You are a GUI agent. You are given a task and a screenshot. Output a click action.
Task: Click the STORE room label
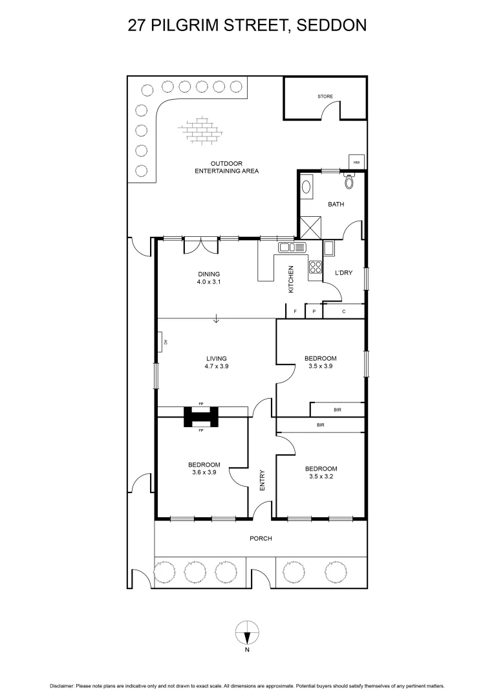325,96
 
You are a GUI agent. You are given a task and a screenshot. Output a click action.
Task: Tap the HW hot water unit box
356,162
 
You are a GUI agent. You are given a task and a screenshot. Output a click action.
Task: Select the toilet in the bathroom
350,182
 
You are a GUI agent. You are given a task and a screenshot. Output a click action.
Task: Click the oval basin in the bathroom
307,186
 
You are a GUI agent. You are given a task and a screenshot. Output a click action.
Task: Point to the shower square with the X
310,227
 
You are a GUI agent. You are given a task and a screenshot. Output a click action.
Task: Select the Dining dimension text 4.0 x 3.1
209,282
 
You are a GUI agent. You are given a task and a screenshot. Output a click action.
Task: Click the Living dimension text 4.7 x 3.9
217,366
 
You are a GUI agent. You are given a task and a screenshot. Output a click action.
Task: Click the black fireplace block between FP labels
201,417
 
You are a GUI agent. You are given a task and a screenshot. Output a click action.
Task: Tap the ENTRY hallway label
263,480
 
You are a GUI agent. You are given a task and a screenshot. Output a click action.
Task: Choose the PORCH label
261,538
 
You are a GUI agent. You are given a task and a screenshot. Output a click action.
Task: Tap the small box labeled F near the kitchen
295,312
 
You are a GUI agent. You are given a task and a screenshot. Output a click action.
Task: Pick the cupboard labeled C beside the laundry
343,312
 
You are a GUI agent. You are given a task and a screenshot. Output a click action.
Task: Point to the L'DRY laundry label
343,273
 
